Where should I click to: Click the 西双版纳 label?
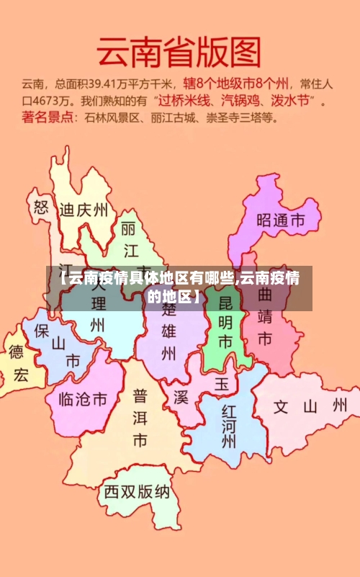pos(137,492)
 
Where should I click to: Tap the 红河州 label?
pos(229,426)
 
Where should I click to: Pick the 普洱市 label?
pos(140,418)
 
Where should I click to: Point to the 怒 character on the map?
pos(40,208)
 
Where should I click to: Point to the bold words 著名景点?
pos(48,116)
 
